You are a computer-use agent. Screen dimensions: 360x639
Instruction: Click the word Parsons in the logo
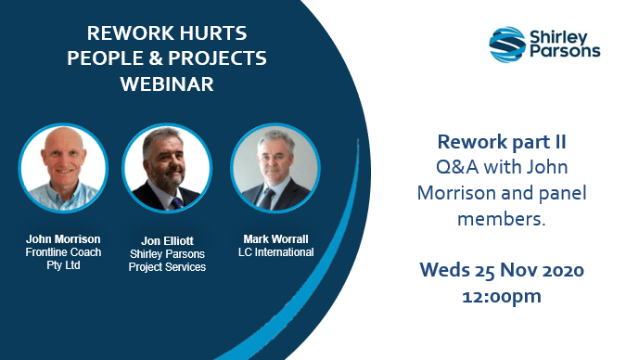coord(565,51)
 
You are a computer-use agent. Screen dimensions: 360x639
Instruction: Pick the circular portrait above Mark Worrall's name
coord(270,166)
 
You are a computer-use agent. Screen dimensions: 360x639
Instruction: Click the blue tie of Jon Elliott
coord(175,203)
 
